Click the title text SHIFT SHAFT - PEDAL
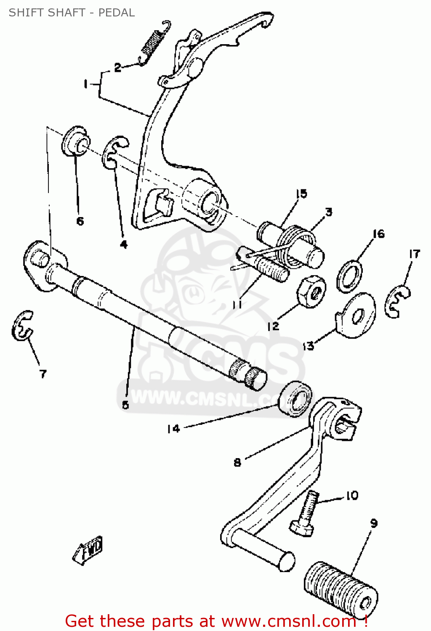pyautogui.click(x=72, y=13)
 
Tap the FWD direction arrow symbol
pyautogui.click(x=89, y=549)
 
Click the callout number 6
pyautogui.click(x=80, y=221)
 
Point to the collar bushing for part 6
pyautogui.click(x=76, y=141)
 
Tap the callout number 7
pyautogui.click(x=43, y=374)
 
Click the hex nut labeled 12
pyautogui.click(x=311, y=292)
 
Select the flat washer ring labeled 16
pyautogui.click(x=349, y=276)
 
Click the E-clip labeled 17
pyautogui.click(x=397, y=301)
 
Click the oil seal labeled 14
pyautogui.click(x=297, y=399)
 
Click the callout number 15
pyautogui.click(x=301, y=194)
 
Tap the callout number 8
pyautogui.click(x=237, y=462)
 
